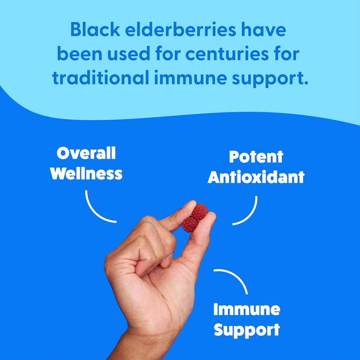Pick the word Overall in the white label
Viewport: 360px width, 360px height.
coord(86,153)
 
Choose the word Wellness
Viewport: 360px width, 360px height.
coord(86,173)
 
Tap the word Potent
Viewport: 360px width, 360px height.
coord(256,157)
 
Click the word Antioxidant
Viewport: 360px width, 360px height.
coord(256,177)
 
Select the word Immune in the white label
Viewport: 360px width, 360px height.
coord(246,309)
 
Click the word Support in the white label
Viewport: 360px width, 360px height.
coord(246,329)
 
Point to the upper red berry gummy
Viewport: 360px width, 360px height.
coord(199,211)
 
